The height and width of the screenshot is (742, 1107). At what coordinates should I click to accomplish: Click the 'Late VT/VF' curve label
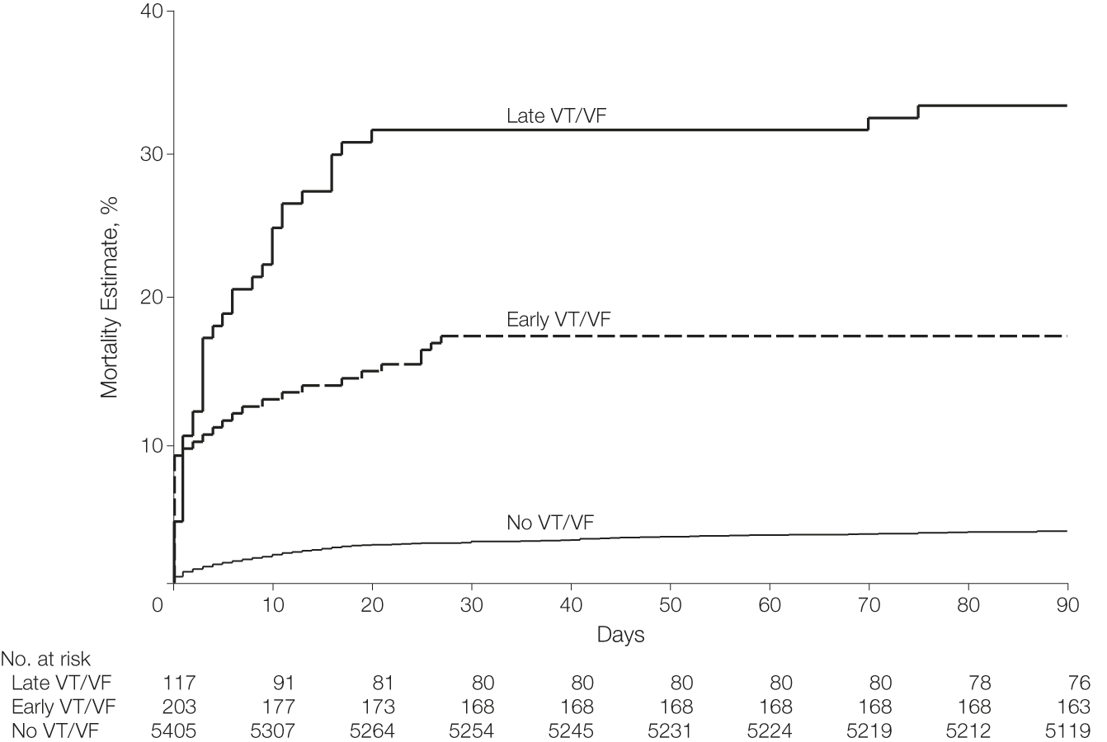557,117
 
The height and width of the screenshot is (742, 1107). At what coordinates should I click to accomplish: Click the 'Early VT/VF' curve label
558,320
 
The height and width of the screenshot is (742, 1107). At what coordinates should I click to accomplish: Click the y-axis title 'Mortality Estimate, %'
110,297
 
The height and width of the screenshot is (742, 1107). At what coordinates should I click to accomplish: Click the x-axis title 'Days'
620,635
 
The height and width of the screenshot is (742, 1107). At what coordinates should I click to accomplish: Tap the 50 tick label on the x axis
670,604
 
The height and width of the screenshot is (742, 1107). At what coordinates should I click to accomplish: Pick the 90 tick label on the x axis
1067,604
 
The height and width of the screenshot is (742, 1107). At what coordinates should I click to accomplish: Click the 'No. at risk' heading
46,660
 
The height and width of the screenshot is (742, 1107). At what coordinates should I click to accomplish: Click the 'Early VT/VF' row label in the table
64,707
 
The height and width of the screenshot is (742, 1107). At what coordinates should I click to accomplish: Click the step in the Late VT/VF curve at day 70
869,124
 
